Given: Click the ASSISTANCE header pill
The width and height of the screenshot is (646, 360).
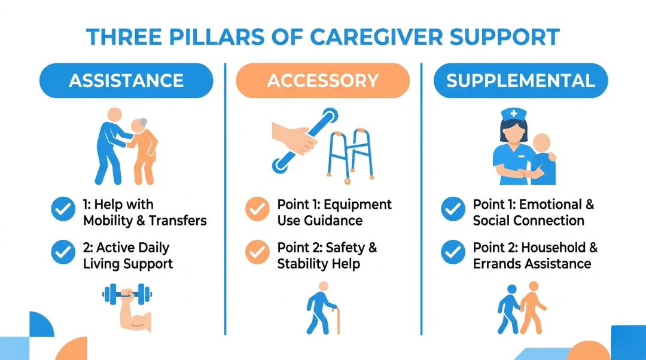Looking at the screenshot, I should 126,81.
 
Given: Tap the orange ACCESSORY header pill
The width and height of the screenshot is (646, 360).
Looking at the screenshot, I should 322,81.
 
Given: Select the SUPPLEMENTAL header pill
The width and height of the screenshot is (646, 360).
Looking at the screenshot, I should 520,81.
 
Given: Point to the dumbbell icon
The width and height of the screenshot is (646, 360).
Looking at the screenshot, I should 127,294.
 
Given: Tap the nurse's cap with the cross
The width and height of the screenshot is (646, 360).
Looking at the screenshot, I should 514,114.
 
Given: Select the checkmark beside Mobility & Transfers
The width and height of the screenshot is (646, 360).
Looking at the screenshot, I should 63,209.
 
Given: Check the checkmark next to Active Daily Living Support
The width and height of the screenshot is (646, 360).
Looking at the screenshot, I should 63,252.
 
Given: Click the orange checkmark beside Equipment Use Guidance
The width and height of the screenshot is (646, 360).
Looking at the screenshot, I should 257,209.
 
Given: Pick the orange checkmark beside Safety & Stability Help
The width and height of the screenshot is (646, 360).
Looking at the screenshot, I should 257,252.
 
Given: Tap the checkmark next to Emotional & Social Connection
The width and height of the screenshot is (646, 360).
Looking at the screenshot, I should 453,209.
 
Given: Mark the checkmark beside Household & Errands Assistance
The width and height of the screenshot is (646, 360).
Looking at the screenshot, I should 453,252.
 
